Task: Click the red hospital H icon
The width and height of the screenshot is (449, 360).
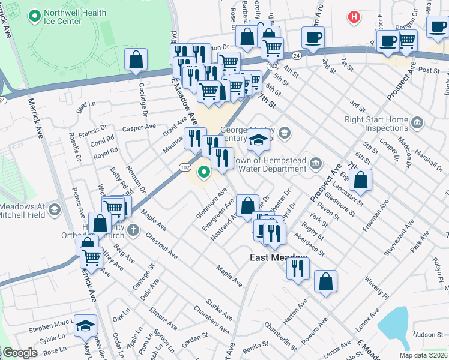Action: point(355,18)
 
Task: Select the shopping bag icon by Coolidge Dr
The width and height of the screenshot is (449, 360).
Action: point(136,59)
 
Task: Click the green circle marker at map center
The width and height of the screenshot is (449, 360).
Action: point(204,173)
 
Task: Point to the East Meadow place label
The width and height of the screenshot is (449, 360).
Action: point(279,257)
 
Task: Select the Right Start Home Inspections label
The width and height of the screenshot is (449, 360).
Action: point(376,124)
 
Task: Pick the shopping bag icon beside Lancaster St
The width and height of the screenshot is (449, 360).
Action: point(360,179)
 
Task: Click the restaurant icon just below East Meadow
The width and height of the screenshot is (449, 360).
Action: point(298,268)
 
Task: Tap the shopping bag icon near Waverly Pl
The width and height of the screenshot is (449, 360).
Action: point(325,281)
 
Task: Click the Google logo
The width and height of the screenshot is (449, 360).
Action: point(19,353)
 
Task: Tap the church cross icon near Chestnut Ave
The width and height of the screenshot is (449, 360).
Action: point(133,230)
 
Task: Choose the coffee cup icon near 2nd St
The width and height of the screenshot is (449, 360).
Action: point(313,37)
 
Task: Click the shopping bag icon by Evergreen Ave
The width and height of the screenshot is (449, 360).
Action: point(247,205)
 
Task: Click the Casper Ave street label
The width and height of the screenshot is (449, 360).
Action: point(139,128)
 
